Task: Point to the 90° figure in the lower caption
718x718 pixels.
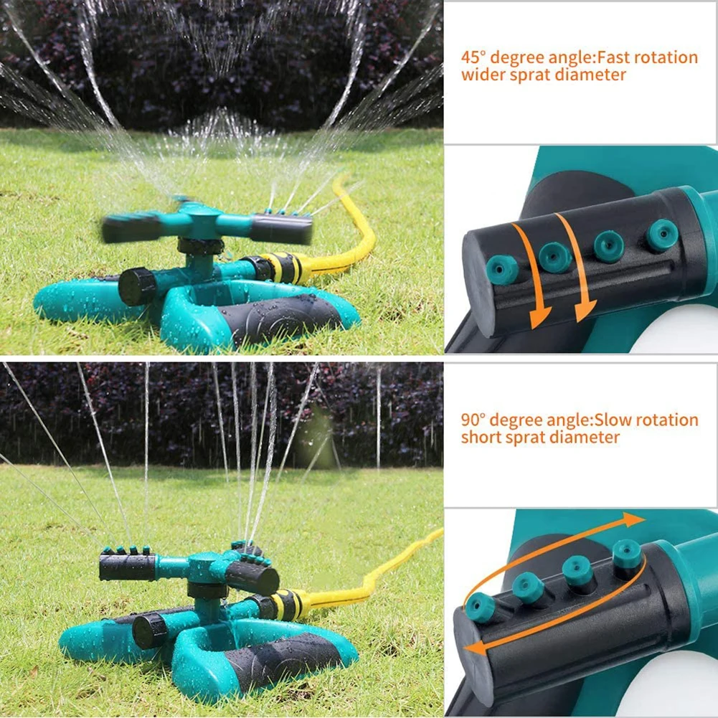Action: [x=473, y=420]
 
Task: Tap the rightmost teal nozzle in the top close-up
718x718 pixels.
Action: [x=661, y=235]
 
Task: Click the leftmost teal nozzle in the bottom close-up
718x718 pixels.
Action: [x=480, y=608]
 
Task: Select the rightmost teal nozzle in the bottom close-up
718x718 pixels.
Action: [x=627, y=554]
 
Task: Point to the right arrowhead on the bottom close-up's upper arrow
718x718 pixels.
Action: [x=634, y=519]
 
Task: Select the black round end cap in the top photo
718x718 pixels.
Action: [x=136, y=286]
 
